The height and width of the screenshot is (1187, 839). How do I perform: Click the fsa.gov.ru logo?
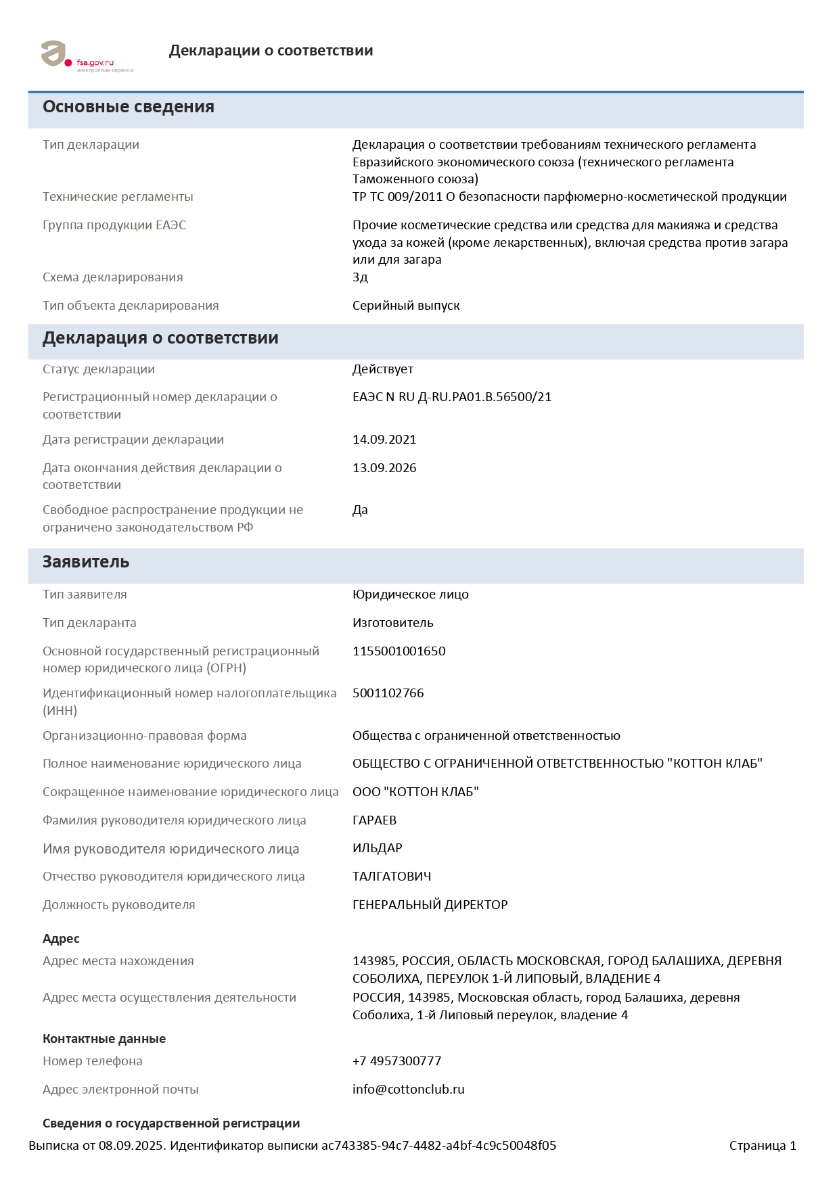(x=87, y=55)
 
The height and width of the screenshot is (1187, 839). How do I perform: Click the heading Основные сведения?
(x=129, y=107)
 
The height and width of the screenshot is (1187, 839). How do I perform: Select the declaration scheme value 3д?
(x=360, y=277)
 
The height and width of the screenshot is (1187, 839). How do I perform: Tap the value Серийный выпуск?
(x=406, y=306)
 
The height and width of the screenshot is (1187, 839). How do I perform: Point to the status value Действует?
(x=383, y=369)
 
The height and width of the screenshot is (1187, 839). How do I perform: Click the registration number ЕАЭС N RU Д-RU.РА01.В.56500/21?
(x=452, y=397)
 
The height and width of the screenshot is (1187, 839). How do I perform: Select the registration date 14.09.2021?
(x=384, y=440)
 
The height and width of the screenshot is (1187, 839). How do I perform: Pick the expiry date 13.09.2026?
(x=384, y=468)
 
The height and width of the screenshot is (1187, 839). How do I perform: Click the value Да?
(x=360, y=510)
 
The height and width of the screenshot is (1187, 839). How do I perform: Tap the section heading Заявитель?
(x=86, y=562)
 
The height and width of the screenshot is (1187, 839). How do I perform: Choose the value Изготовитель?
(x=393, y=623)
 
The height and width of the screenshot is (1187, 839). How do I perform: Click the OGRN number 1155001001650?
(x=399, y=651)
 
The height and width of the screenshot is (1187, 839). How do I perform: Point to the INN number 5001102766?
(x=388, y=693)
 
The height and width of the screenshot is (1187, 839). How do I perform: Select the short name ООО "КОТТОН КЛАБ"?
(x=415, y=792)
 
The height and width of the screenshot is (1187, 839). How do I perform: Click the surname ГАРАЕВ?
(x=375, y=820)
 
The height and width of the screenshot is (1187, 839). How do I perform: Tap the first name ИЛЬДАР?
(x=378, y=848)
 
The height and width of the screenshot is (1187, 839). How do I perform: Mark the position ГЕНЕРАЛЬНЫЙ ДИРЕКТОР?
(x=430, y=905)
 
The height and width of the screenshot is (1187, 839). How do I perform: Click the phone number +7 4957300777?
(x=397, y=1061)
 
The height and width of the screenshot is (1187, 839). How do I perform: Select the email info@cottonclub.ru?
(x=409, y=1090)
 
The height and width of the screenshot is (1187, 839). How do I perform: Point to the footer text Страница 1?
(x=763, y=1146)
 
